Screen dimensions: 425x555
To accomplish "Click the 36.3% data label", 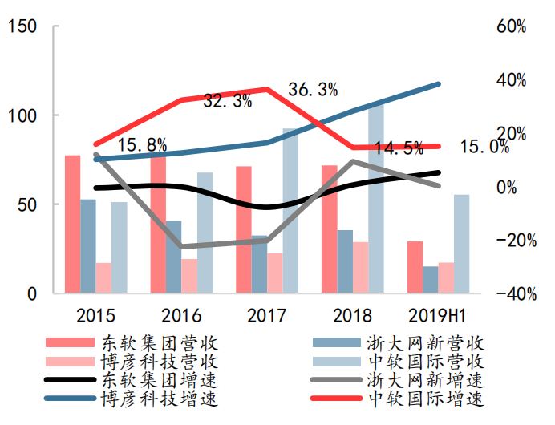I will [313, 90].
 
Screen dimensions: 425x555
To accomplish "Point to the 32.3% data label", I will [228, 101].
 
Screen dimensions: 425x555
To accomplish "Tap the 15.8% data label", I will [142, 145].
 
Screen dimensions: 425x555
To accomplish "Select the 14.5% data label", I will [399, 148].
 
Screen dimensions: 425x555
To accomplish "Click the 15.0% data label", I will [485, 147].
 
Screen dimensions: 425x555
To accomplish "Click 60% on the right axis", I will [511, 26].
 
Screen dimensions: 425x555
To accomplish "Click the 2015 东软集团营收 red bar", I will [73, 225].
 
